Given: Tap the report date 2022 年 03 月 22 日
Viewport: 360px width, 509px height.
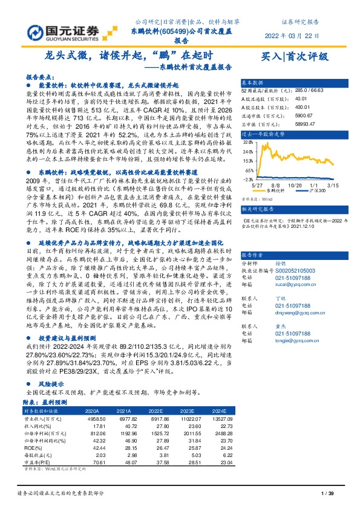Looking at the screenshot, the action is (295, 35).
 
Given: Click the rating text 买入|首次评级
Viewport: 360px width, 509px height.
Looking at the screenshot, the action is (294, 57).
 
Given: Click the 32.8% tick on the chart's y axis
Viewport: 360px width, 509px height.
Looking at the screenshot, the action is (247, 142).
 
